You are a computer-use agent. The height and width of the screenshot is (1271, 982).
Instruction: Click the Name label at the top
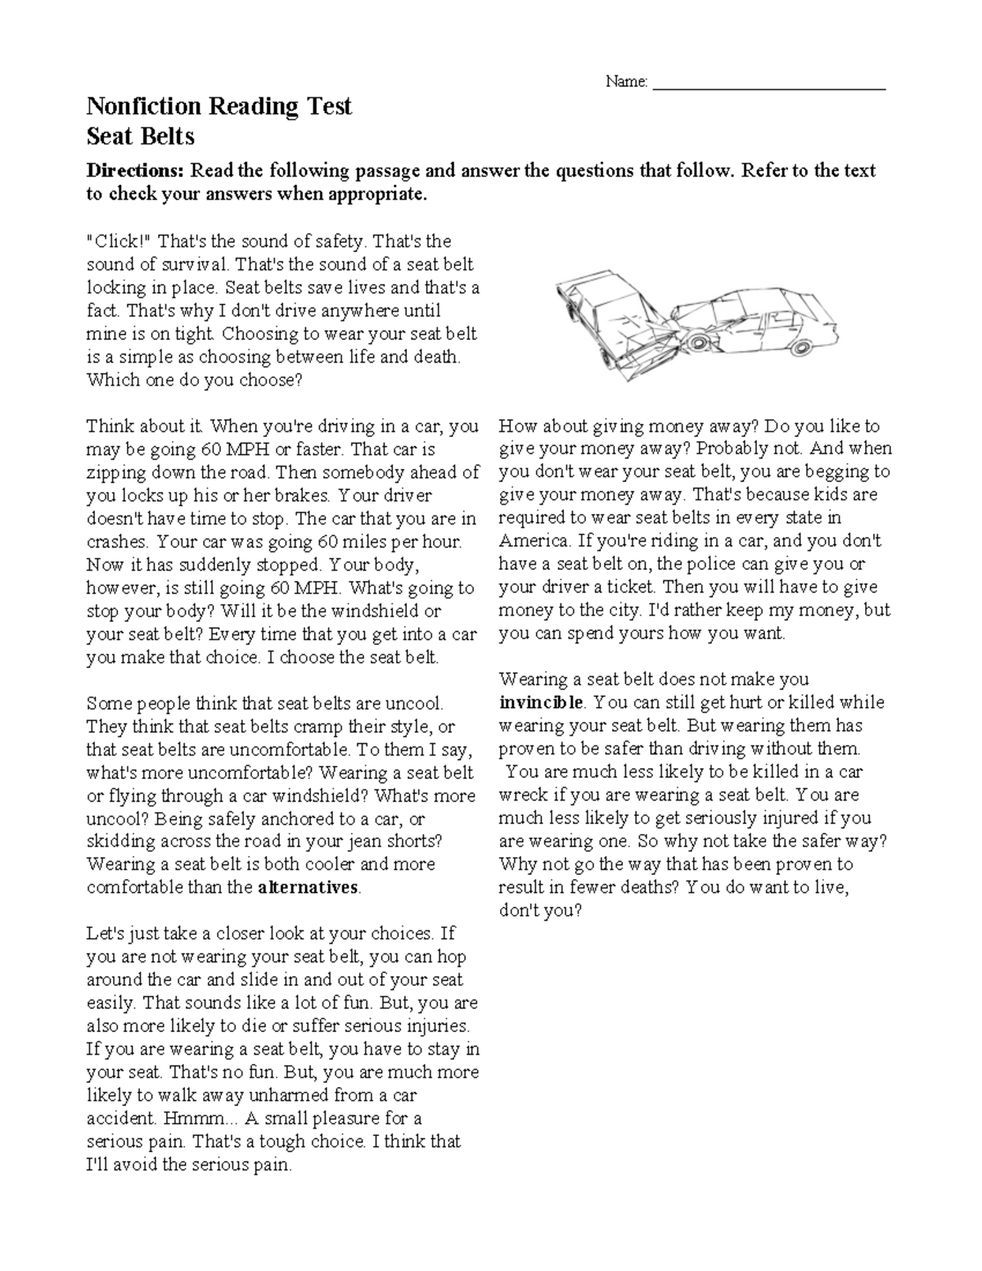coord(626,81)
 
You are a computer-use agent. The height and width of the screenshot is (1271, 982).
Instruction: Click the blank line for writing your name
coord(769,84)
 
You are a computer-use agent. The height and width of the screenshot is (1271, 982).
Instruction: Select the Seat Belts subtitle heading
coord(140,134)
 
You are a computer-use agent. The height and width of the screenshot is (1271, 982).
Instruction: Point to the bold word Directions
coord(136,170)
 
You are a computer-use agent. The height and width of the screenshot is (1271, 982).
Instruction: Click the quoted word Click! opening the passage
coord(119,241)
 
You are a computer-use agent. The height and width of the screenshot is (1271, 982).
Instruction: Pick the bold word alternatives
coord(309,888)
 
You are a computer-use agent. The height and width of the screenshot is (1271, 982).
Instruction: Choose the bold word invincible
coord(541,702)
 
